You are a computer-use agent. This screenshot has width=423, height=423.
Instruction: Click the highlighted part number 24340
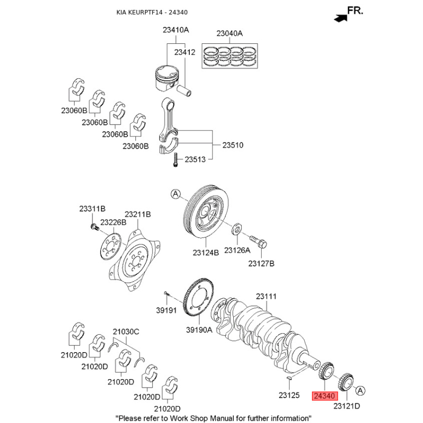point(325,396)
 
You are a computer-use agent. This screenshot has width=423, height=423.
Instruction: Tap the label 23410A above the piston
point(176,30)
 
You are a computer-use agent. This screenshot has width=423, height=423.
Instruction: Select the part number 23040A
point(229,33)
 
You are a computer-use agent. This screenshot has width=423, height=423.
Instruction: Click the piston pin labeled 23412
point(185,90)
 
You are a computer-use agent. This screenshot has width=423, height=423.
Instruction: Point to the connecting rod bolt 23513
point(176,160)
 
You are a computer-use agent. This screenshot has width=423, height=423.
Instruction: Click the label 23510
point(233,145)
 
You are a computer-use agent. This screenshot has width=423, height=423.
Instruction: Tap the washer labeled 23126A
point(237,229)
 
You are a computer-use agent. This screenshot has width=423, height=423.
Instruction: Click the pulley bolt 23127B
point(258,242)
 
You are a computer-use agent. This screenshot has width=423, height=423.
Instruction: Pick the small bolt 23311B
point(94,227)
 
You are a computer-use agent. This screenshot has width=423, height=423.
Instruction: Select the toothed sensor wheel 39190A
point(198,298)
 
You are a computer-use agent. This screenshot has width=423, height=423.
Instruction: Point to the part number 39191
point(167,310)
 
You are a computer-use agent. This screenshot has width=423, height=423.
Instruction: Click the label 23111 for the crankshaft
point(266,297)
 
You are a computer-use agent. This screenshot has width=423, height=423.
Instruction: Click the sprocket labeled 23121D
point(346,384)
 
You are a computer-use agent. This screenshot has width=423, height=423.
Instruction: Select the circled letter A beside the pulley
point(176,194)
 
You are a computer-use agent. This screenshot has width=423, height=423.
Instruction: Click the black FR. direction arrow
point(341,19)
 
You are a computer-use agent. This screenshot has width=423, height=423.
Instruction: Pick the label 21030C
point(126,332)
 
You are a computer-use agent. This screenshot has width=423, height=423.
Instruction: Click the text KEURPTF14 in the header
point(145,12)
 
